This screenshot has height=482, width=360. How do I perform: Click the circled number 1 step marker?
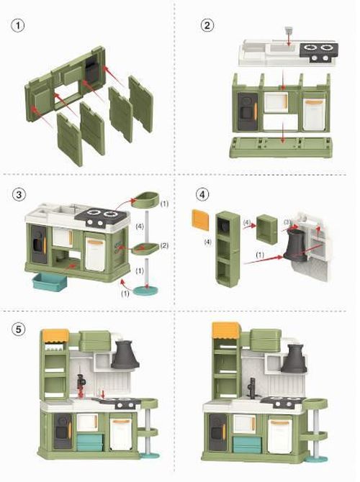pos(17,25)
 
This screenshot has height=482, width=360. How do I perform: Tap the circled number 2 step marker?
pos(207,25)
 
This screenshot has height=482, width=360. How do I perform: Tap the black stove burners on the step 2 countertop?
pos(318,49)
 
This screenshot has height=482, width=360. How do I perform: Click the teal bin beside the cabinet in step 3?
pos(50,281)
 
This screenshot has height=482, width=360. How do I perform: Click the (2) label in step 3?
pos(163,246)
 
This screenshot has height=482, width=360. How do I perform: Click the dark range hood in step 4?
pos(296,246)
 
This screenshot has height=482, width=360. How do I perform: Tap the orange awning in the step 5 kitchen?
pos(55,335)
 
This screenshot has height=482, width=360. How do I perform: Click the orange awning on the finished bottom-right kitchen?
pos(226,330)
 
